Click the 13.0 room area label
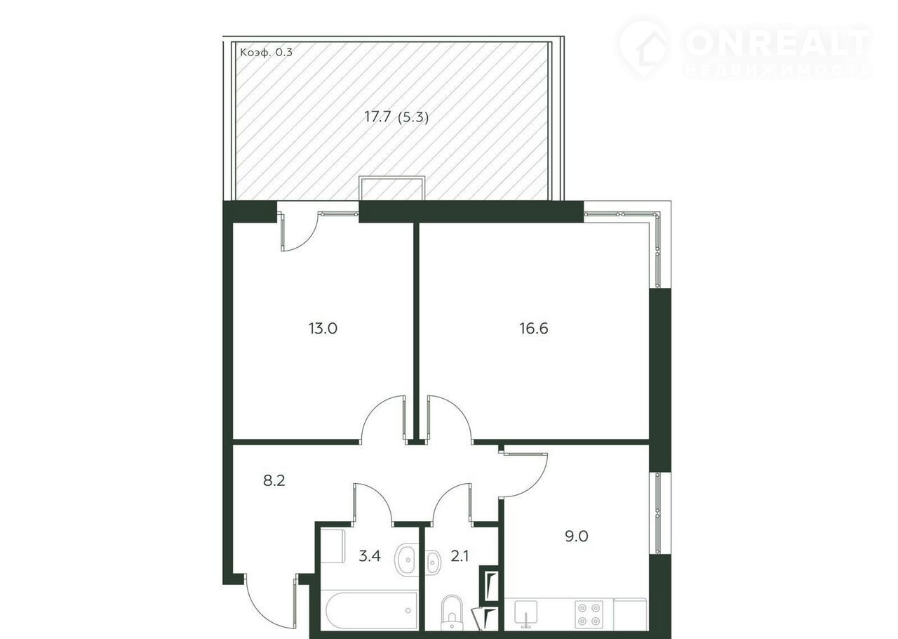coord(323,329)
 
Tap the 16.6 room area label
coord(534,329)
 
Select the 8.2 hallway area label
coord(274,480)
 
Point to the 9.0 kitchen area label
coord(577,536)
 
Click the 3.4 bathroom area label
coord(369,556)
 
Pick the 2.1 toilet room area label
coord(460,556)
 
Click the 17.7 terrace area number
coord(377,117)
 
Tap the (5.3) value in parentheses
coord(413,117)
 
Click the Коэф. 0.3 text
coord(266,52)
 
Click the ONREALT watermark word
coord(778,41)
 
